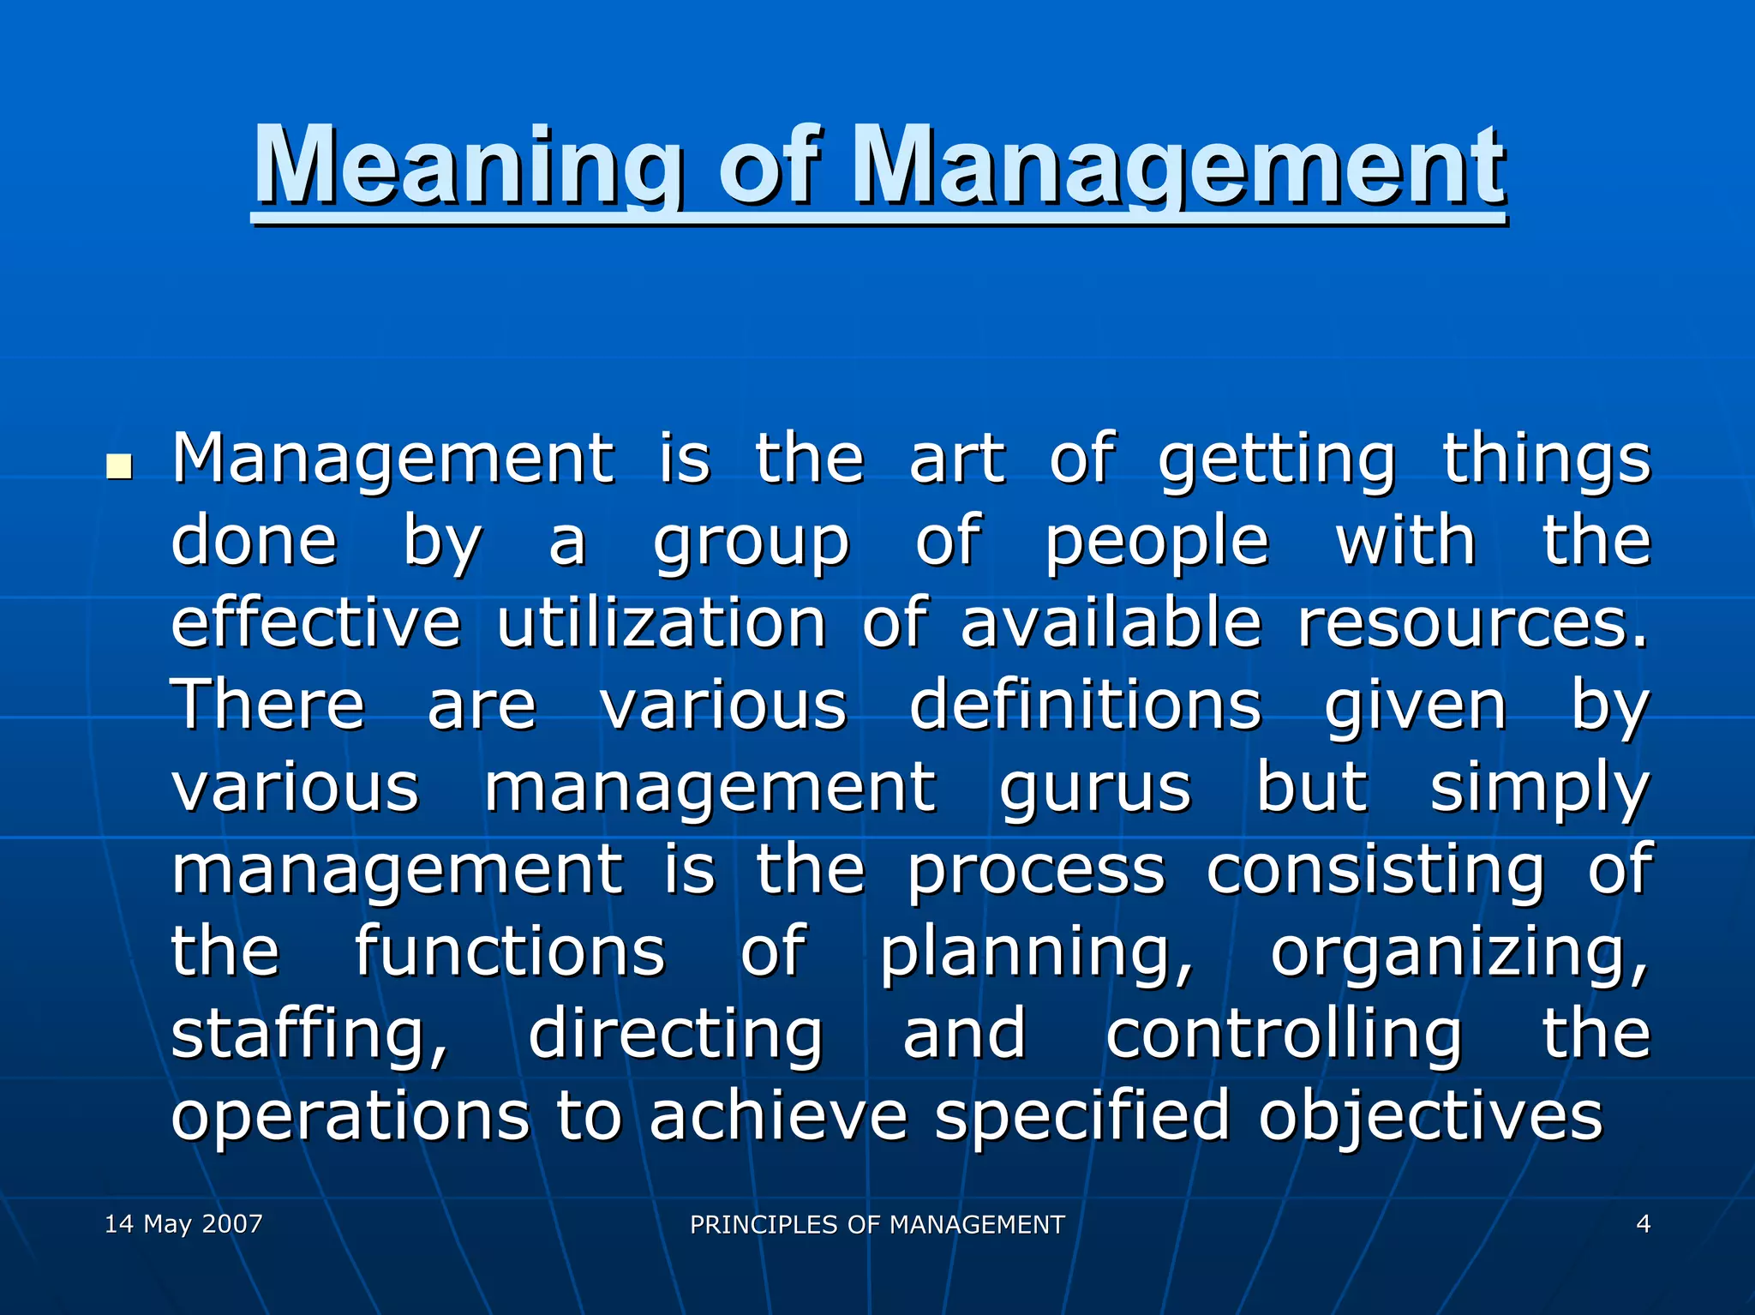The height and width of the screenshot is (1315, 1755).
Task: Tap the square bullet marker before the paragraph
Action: (x=119, y=467)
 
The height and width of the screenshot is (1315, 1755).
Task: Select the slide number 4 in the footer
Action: (x=1643, y=1223)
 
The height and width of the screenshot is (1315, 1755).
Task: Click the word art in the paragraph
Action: (x=956, y=459)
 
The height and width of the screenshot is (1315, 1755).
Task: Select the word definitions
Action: (x=1085, y=705)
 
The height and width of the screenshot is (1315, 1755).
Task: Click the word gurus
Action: (x=1095, y=787)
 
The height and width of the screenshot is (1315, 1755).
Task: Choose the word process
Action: (x=1036, y=871)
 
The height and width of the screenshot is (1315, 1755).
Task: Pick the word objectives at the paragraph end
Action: (x=1429, y=1117)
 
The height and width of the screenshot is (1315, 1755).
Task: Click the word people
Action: (x=1156, y=543)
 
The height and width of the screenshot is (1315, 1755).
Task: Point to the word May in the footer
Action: (x=167, y=1224)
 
